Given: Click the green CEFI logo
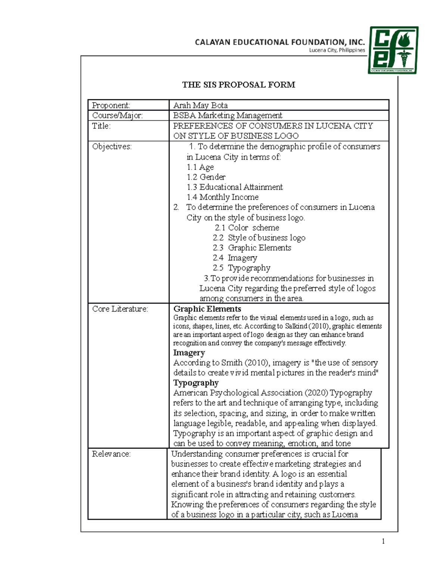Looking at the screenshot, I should [393, 50].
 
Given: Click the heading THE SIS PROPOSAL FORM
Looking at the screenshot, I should [239, 85].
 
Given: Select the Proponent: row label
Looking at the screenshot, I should [111, 105].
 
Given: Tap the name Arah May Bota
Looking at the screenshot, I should [200, 105].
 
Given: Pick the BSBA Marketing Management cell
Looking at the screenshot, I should [227, 115].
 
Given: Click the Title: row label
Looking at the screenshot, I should [102, 126].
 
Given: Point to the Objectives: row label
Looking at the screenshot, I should [112, 146].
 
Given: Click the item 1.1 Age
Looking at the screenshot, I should [200, 167].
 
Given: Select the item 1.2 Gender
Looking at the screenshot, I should [206, 177].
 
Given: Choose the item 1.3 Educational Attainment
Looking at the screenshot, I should [234, 187].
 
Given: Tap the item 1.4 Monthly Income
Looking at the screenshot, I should [223, 197].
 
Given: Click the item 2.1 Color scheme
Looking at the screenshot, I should [247, 228].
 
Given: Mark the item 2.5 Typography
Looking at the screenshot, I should [242, 268].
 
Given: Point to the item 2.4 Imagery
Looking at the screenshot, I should [235, 258].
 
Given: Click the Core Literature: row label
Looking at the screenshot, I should [120, 309].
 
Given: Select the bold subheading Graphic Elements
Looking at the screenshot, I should [207, 309].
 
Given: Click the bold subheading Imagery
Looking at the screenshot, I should [189, 353].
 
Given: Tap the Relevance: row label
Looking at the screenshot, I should [111, 454].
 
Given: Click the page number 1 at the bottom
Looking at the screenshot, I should [383, 541].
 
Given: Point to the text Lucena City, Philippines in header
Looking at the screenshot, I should [337, 50].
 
